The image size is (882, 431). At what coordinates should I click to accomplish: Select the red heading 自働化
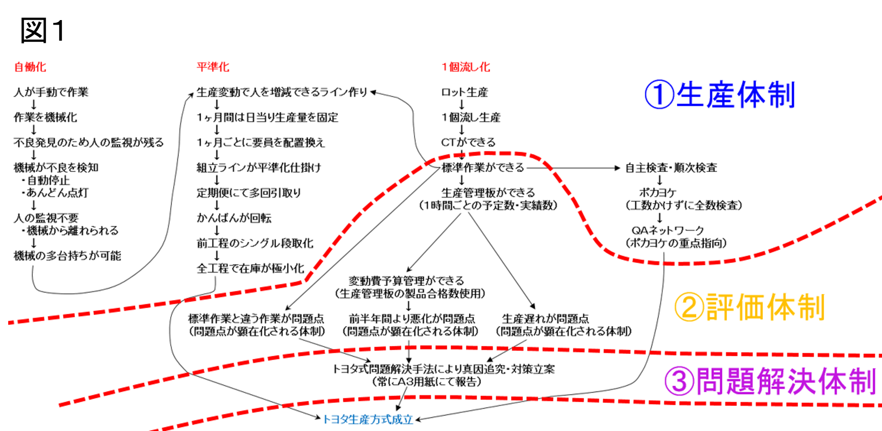[30, 67]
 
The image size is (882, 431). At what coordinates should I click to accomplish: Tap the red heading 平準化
[213, 67]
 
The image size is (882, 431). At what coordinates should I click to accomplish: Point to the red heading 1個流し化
[466, 67]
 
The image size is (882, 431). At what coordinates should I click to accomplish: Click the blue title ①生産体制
[720, 94]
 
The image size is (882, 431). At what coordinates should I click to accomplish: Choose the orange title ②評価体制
[750, 307]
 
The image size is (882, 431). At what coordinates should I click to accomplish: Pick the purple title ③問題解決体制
[770, 381]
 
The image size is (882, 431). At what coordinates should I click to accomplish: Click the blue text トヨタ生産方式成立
[368, 419]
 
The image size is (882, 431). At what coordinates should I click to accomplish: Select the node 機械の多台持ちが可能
[67, 255]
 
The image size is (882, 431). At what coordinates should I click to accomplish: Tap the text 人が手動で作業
[51, 92]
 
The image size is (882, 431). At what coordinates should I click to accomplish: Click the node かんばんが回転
[234, 218]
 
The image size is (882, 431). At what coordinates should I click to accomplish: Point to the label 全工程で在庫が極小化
[250, 268]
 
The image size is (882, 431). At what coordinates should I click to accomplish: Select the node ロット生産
[464, 92]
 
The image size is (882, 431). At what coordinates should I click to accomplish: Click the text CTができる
[468, 142]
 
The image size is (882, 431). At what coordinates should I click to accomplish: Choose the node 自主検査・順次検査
[671, 168]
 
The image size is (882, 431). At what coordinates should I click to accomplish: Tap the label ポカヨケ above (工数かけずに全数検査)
[658, 193]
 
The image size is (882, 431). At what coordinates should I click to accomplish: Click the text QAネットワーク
[668, 230]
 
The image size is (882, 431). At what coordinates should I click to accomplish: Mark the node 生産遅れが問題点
[545, 318]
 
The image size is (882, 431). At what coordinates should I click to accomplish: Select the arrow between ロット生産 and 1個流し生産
[462, 105]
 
